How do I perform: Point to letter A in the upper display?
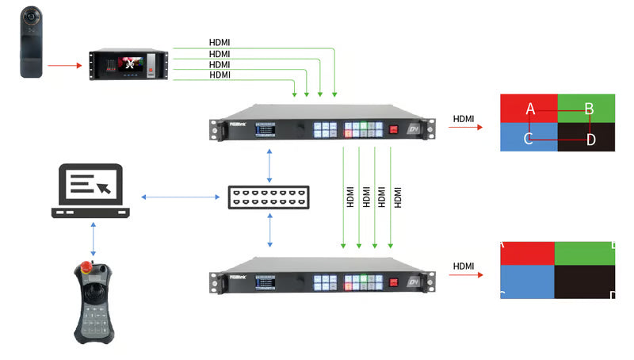coord(530,109)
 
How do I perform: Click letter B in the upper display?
coord(589,109)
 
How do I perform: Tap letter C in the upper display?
coord(529,140)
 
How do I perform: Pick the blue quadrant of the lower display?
coord(527,282)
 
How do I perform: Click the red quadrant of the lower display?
coord(527,253)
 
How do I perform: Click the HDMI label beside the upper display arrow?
coord(464,120)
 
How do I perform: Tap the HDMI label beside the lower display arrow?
coord(464,266)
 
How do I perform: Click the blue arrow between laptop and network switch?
coord(180,196)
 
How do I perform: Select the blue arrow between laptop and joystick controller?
coord(94,237)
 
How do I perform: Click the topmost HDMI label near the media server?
coord(220,42)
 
